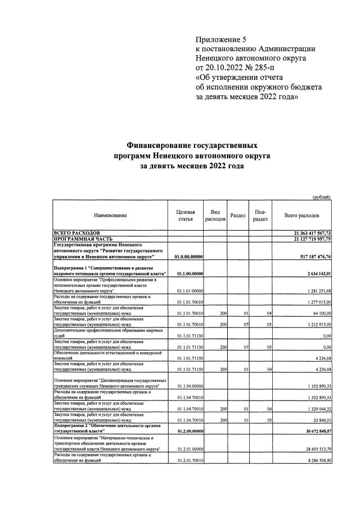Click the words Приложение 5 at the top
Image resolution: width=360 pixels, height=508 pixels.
(221, 39)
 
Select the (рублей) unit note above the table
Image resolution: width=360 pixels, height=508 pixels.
(322, 196)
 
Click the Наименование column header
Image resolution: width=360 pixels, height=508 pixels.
(110, 215)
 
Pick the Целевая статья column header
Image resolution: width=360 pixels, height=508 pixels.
(186, 215)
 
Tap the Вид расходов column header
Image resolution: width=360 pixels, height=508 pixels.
(215, 215)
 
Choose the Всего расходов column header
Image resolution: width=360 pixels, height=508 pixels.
(302, 215)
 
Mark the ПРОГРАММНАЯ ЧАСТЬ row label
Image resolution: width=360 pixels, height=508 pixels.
(83, 239)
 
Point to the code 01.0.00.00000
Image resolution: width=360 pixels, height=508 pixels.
(189, 257)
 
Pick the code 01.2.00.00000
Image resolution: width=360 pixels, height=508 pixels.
(189, 431)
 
